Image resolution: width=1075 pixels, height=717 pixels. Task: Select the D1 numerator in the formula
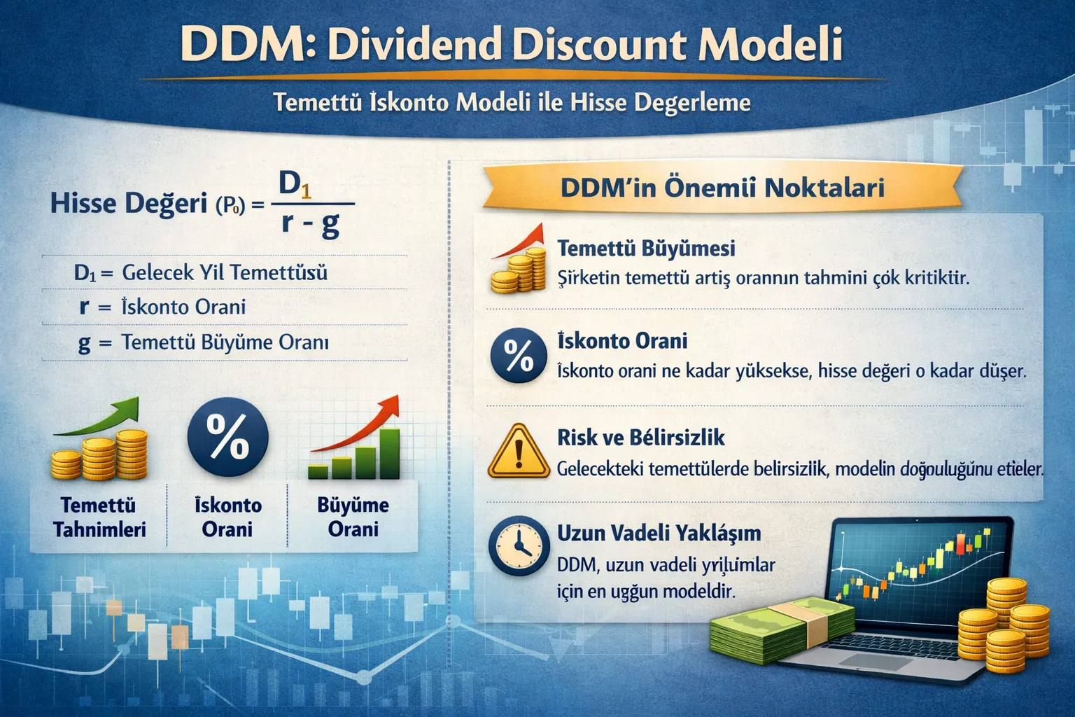click(295, 184)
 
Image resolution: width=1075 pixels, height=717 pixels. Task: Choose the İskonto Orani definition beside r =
click(183, 307)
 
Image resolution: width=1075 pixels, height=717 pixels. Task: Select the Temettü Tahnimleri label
click(99, 517)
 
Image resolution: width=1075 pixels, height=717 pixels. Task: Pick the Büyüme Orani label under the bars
click(353, 517)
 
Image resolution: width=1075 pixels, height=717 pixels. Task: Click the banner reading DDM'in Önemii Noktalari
click(722, 187)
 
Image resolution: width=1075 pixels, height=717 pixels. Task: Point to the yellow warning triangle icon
click(518, 452)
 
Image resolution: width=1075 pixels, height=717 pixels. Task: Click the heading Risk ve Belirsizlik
click(640, 438)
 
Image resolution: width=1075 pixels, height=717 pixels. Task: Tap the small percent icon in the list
click(518, 355)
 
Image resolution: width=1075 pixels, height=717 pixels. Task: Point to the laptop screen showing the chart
click(917, 567)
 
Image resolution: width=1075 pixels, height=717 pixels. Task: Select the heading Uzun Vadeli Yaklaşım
click(659, 533)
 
